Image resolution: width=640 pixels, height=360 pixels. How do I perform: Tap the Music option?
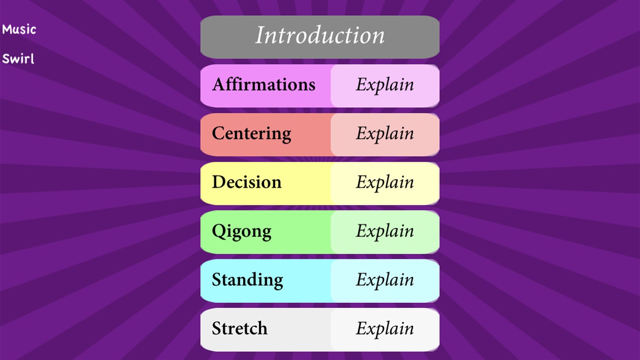point(19,30)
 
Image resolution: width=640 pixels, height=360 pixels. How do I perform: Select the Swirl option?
point(18,59)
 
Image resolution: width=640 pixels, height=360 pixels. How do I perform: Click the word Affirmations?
point(264,85)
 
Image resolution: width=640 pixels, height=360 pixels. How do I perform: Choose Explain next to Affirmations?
point(385,85)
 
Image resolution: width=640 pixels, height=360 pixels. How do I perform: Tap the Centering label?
point(251,134)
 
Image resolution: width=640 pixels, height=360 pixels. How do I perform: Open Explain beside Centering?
point(385,134)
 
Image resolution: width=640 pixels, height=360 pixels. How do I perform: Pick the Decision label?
point(247,183)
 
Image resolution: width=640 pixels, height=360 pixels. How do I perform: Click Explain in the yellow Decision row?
point(385,183)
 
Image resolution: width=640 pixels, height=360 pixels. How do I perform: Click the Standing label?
point(247,280)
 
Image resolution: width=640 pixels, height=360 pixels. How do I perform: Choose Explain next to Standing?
point(385,280)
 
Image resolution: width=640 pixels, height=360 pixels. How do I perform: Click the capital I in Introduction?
point(260,36)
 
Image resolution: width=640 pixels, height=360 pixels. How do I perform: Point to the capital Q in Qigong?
point(218,231)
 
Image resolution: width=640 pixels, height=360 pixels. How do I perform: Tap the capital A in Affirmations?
point(218,85)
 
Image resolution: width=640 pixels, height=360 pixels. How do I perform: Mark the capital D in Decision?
point(219,182)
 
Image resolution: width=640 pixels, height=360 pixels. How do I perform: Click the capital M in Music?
point(6,30)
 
